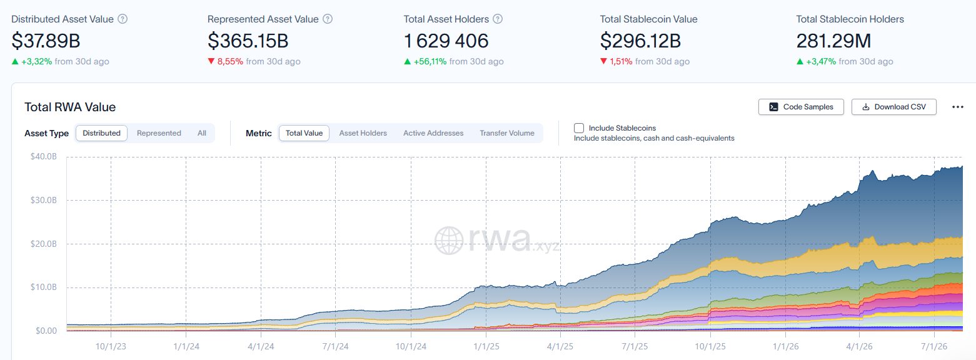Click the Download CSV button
tap(893, 107)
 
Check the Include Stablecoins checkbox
tap(578, 128)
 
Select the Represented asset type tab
tap(159, 133)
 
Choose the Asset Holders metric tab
tap(363, 133)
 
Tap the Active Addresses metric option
tap(433, 133)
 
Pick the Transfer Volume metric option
tap(506, 133)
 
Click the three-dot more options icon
tap(958, 107)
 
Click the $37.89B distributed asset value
tap(46, 41)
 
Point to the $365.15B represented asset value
tap(248, 41)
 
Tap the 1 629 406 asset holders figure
tap(446, 41)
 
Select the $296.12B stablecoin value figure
tap(640, 41)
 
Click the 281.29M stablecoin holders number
tap(833, 41)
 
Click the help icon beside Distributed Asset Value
tap(123, 19)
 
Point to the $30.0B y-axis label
tap(44, 200)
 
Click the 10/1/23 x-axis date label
tap(111, 346)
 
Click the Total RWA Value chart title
tap(70, 107)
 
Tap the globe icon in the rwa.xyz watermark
tap(449, 240)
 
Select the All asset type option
tap(202, 133)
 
